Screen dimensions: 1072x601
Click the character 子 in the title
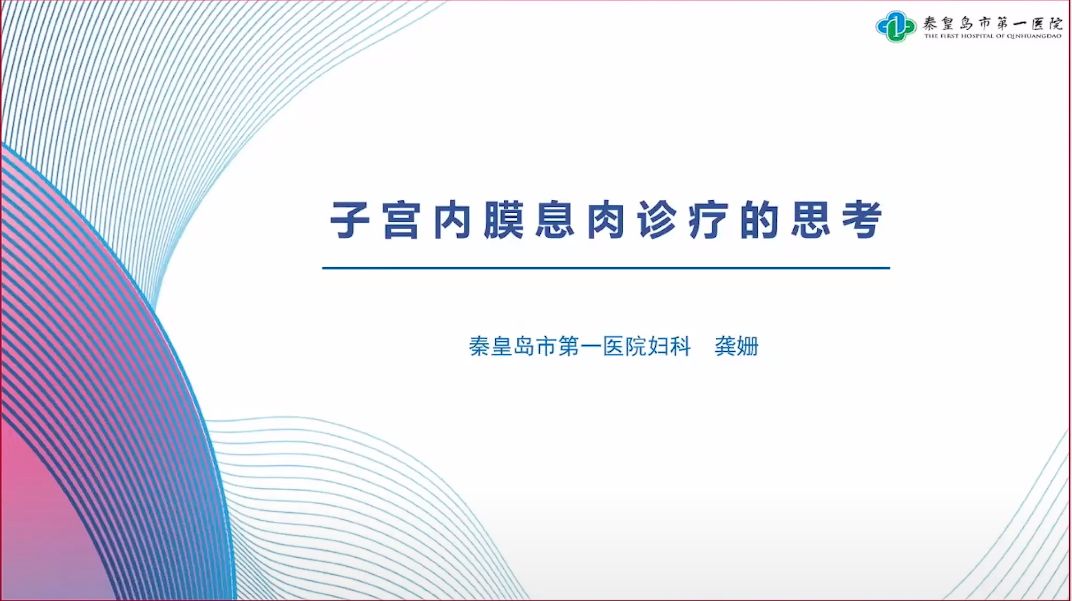[x=350, y=220]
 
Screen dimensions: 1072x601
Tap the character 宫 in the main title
[x=401, y=220]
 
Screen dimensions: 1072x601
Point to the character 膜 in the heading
[x=503, y=220]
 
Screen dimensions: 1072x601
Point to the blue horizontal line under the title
[x=606, y=268]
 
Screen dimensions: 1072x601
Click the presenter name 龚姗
[x=737, y=346]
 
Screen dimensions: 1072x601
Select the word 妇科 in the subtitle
[x=670, y=346]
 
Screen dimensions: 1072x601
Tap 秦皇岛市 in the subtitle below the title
[x=513, y=346]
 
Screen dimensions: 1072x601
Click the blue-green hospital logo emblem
[x=896, y=26]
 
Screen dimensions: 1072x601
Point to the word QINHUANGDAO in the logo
[x=1034, y=36]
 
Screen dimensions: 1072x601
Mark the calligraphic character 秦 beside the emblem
[x=930, y=23]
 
